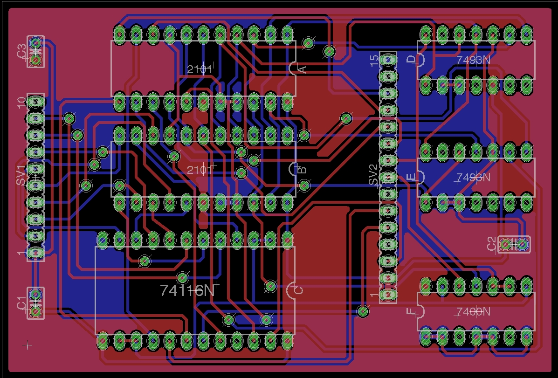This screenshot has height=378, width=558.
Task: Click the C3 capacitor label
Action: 21,51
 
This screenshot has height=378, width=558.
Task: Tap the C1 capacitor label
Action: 21,302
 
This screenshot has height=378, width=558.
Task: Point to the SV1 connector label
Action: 21,175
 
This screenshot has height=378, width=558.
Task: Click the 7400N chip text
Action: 473,312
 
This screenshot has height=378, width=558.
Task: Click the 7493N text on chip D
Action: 473,60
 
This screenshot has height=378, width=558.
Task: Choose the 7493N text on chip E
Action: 473,178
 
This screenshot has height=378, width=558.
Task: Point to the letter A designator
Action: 302,69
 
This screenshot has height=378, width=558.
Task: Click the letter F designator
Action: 411,312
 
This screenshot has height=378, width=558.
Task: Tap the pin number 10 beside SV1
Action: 21,103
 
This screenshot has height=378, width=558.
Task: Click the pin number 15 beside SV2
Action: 373,61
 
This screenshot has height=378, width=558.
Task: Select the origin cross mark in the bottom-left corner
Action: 28,345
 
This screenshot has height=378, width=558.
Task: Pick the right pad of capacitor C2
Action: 522,244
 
